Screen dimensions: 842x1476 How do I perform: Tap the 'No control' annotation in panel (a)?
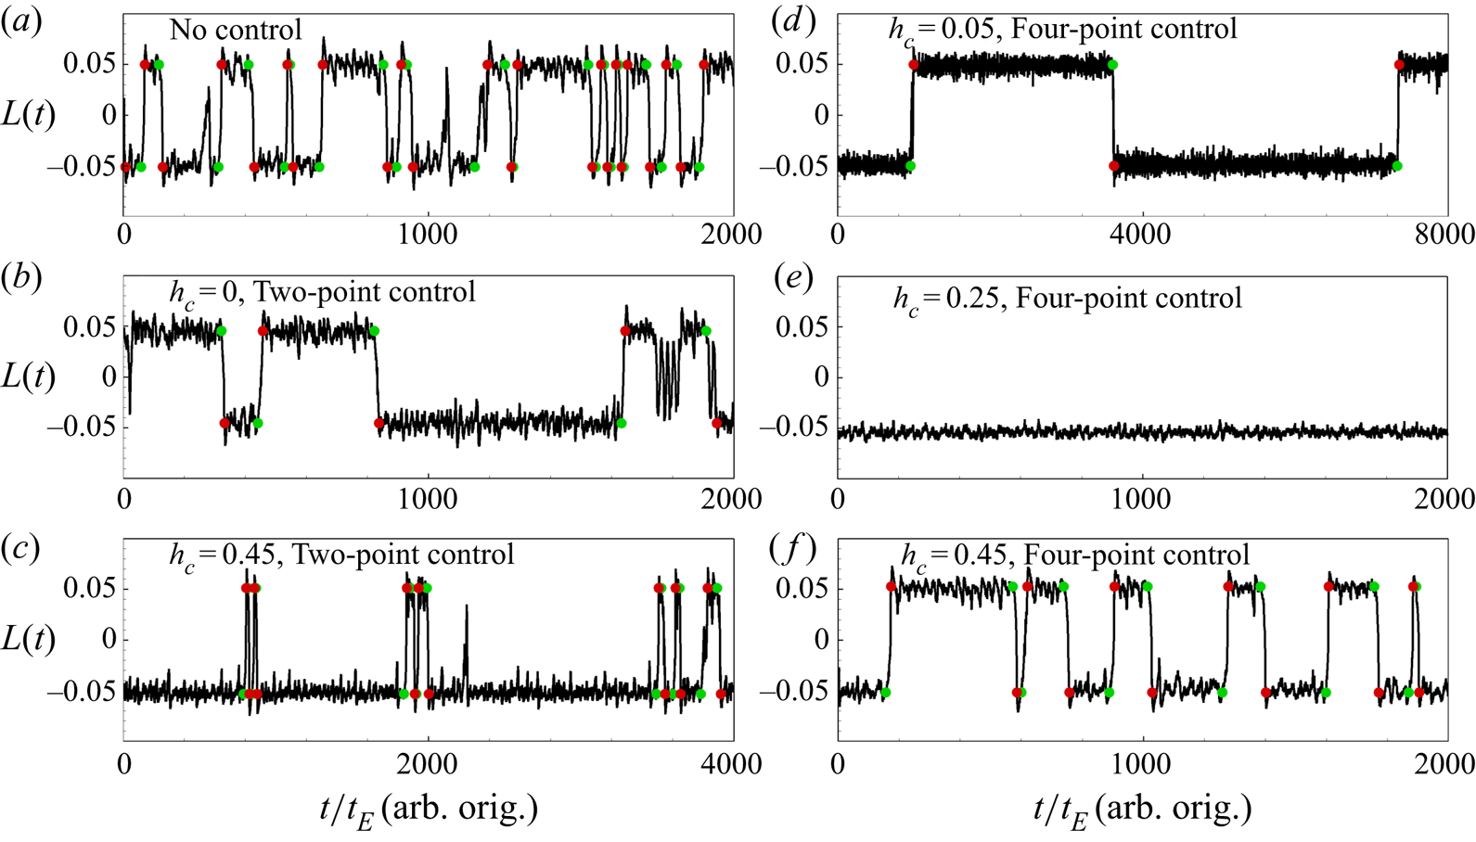[x=236, y=30]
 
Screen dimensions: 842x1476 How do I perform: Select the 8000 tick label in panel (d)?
[x=1446, y=235]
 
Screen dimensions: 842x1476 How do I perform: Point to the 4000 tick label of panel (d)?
[x=1141, y=235]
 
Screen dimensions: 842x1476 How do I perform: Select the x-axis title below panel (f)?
[x=1142, y=810]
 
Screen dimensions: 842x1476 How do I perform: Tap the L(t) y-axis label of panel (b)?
[x=29, y=376]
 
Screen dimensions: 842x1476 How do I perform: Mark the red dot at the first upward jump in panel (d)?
[x=915, y=65]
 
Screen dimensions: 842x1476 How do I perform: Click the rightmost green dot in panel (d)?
[x=1397, y=166]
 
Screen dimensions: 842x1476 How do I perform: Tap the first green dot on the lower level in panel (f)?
[x=885, y=693]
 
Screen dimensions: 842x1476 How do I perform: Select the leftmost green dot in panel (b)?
[x=221, y=331]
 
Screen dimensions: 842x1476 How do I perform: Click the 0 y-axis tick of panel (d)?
[x=821, y=115]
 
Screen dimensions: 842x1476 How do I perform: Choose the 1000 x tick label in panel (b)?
[x=429, y=498]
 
